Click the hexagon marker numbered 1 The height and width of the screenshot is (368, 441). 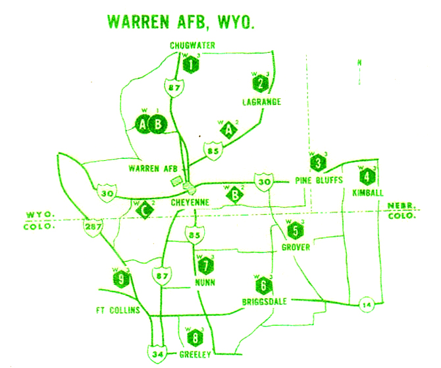click(x=192, y=65)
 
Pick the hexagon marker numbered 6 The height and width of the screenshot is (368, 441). click(x=263, y=285)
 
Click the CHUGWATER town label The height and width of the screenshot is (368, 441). click(x=192, y=45)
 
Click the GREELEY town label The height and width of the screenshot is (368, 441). click(x=195, y=355)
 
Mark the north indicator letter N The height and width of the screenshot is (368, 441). click(x=359, y=63)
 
